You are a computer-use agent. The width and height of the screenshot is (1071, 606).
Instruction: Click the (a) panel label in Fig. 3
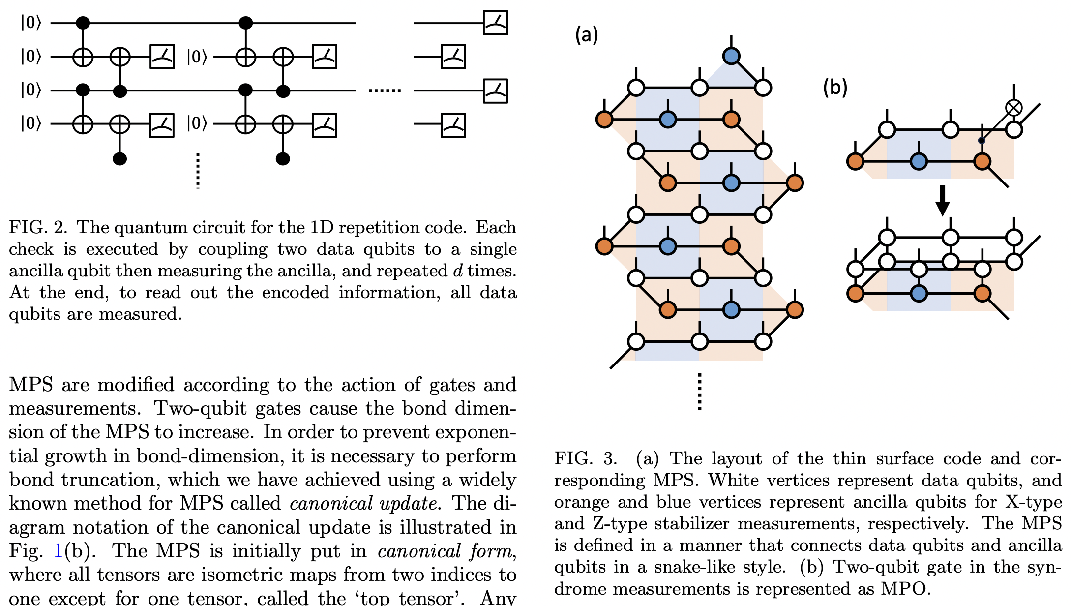(x=587, y=35)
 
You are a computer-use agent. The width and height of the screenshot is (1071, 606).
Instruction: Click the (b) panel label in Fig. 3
(x=835, y=88)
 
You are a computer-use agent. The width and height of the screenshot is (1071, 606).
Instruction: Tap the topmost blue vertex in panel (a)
(x=731, y=56)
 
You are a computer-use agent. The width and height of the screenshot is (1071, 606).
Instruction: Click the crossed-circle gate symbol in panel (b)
(x=1013, y=107)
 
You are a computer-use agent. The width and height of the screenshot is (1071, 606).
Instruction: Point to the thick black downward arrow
(x=942, y=200)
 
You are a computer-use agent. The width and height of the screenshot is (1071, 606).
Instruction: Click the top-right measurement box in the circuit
(x=495, y=23)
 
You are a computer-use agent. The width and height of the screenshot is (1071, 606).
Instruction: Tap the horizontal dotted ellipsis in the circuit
(x=385, y=91)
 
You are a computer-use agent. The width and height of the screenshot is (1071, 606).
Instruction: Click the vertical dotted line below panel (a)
(x=699, y=392)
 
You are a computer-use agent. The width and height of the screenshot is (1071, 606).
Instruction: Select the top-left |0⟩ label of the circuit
(x=30, y=23)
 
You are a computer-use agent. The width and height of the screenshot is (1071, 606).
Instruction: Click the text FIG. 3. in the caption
(x=585, y=458)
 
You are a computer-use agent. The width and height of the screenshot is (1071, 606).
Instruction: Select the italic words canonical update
(x=363, y=503)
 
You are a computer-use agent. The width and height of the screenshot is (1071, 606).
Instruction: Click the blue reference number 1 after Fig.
(x=58, y=551)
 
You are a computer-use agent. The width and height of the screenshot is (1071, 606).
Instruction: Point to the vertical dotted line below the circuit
(x=198, y=171)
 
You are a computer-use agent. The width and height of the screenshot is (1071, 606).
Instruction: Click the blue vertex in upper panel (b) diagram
(x=919, y=161)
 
